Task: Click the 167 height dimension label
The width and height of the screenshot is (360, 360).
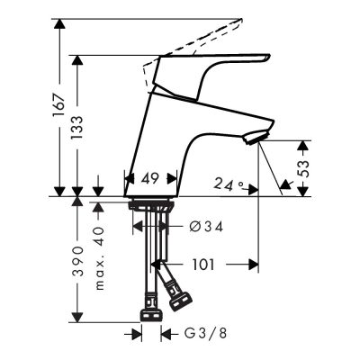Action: pos(59,105)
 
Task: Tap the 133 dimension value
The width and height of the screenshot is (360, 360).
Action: pos(76,127)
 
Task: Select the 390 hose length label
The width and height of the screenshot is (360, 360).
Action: pos(77,261)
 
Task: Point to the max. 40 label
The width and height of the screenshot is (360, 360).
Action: pos(100,258)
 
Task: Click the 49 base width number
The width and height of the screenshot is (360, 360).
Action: pos(150,179)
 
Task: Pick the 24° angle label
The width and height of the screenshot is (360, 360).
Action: pos(228,184)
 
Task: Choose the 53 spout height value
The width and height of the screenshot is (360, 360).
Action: pos(303,169)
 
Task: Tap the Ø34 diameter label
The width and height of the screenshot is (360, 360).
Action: pos(206,227)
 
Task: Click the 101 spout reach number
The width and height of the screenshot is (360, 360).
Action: pos(203,265)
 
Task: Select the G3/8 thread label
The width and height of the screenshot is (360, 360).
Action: pos(205,333)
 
